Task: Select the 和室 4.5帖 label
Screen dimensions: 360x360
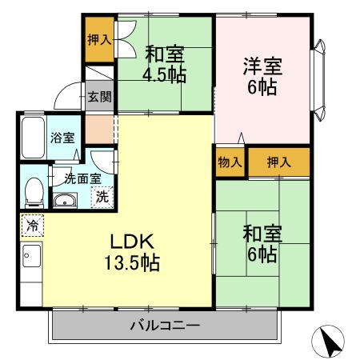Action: coord(164,65)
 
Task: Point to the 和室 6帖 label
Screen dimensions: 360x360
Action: coord(261,244)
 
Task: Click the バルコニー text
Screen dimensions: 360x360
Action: coord(164,326)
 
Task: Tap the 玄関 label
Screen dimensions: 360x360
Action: coord(99,97)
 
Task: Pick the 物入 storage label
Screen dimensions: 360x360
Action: coord(230,162)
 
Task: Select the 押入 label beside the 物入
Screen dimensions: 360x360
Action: coord(278,162)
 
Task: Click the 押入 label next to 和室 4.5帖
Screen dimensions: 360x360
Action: coord(100,39)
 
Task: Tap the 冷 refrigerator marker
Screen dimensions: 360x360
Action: coord(31,225)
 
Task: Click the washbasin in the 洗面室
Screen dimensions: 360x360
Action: coord(64,199)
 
